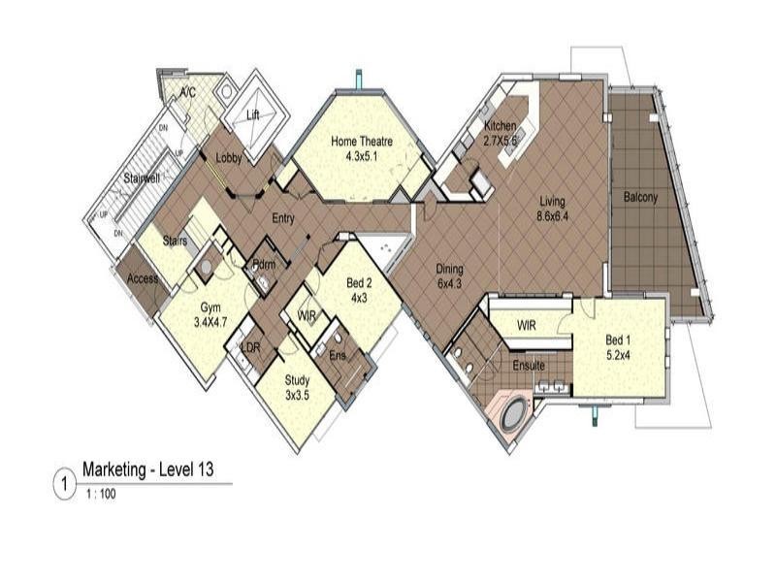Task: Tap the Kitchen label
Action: click(x=501, y=126)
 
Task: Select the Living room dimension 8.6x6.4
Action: click(x=553, y=216)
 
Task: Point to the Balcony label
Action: click(x=640, y=198)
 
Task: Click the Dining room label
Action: click(x=449, y=270)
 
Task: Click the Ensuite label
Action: click(x=529, y=366)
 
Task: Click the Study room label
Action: click(x=297, y=382)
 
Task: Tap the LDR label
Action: click(x=250, y=347)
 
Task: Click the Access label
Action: click(x=143, y=279)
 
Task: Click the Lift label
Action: click(x=253, y=114)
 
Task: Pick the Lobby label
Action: click(x=229, y=158)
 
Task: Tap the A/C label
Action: click(x=188, y=93)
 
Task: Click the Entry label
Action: click(x=283, y=218)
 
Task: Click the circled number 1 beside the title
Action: click(x=64, y=482)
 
